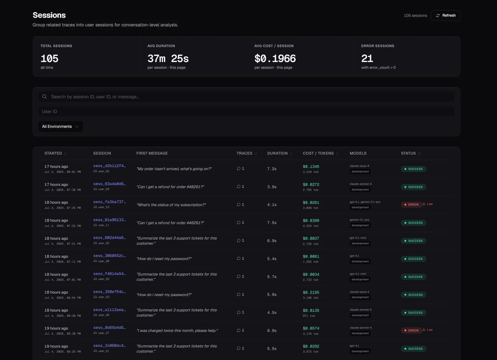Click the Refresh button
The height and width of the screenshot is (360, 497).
pos(445,16)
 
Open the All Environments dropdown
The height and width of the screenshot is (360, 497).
pos(61,126)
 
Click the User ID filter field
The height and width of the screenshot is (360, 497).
pos(246,111)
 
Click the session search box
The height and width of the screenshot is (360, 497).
pos(246,97)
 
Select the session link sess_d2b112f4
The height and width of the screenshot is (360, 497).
pos(109,166)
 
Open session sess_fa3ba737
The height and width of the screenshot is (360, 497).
pos(109,202)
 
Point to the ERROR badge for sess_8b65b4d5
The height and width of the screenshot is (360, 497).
pos(411,330)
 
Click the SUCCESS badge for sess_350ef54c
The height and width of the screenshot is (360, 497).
pos(413,295)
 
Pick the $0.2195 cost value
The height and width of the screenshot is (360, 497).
pos(311,292)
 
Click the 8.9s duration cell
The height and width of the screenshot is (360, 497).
pos(272,330)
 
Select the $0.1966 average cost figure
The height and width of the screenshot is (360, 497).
pos(275,59)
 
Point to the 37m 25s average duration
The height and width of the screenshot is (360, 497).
pos(168,59)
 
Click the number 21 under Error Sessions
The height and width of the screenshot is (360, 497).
pos(367,59)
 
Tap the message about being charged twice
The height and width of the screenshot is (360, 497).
pos(177,330)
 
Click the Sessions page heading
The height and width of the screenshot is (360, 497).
pos(49,15)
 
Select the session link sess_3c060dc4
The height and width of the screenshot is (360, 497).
pos(109,346)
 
